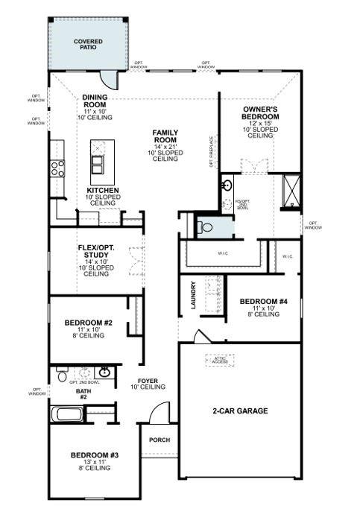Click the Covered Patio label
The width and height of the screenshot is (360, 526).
88,44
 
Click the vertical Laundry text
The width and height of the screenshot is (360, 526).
193,295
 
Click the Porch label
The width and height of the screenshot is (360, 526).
160,440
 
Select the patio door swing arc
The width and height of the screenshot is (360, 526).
111,77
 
